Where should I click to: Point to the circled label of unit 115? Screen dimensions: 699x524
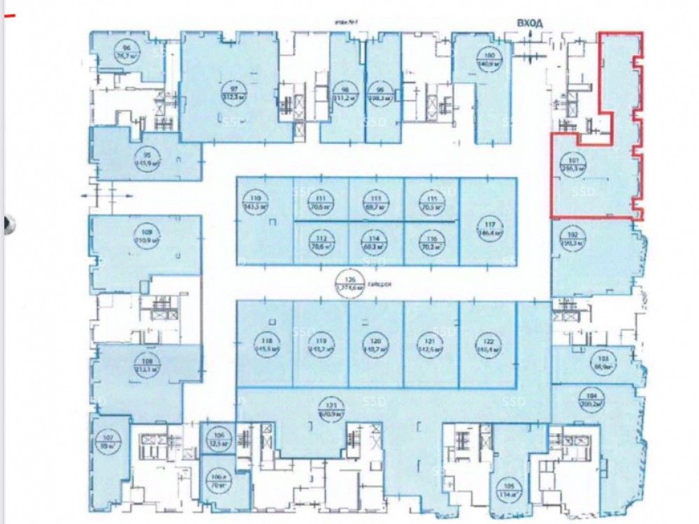432,203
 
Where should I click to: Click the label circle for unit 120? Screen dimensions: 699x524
377,344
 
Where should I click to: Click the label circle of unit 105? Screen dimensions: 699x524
506,488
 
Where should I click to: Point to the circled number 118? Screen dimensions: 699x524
264,344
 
